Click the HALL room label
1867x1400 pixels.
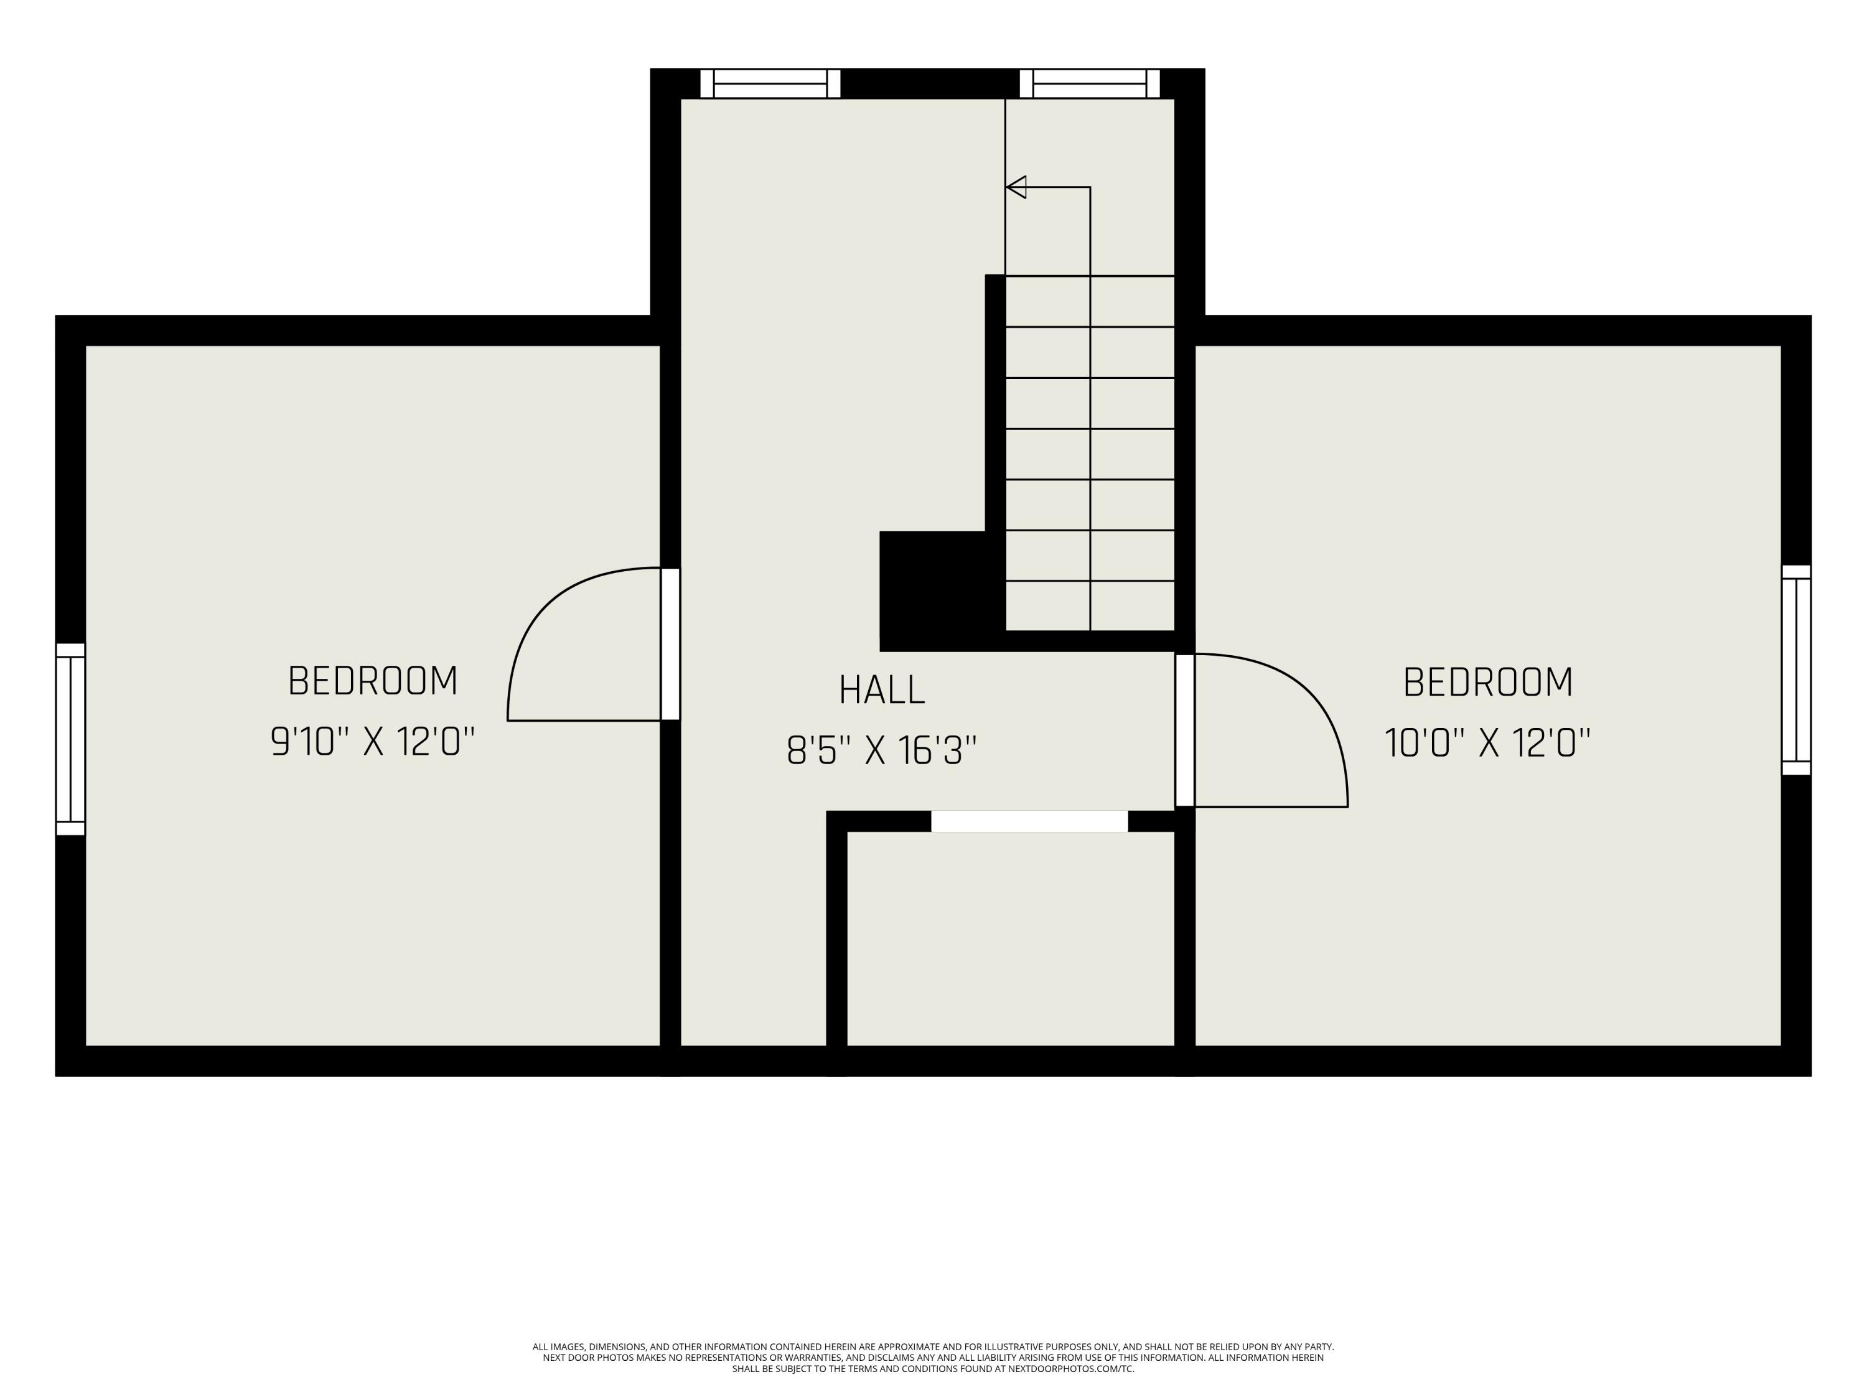tap(882, 689)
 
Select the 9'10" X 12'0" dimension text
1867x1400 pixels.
tap(373, 742)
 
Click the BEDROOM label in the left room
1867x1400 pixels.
tap(373, 681)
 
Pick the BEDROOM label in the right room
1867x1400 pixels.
tap(1488, 682)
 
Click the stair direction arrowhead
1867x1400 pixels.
tap(1016, 187)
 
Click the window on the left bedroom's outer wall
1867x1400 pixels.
tap(71, 739)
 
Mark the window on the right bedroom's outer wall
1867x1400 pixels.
tap(1796, 669)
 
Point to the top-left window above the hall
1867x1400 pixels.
tap(770, 83)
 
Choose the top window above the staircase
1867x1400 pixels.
tap(1090, 83)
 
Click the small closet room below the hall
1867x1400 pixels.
tap(1010, 938)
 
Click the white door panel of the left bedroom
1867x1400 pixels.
tap(670, 644)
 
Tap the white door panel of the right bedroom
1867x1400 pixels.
tap(1185, 730)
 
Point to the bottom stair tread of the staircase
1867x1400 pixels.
tap(1090, 606)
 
